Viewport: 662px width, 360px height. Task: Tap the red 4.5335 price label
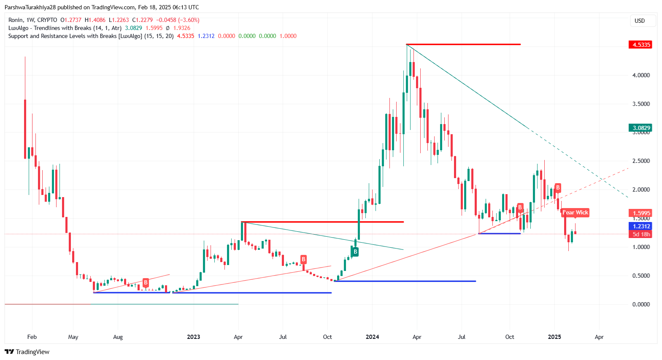point(640,45)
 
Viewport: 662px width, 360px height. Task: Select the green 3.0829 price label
point(640,128)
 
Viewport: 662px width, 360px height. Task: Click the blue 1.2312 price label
point(640,226)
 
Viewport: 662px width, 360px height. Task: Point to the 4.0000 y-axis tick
point(640,75)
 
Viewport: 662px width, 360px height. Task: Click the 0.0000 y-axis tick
point(640,304)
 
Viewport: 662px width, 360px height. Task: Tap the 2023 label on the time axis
point(193,337)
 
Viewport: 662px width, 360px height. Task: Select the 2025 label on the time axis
point(554,337)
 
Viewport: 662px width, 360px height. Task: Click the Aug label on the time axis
point(118,337)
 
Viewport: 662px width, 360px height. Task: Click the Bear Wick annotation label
point(575,213)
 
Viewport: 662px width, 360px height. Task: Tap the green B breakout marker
point(355,252)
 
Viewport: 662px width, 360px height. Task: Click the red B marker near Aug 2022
point(146,282)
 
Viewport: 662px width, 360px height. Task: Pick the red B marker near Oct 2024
point(520,207)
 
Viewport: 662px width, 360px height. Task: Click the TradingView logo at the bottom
point(27,352)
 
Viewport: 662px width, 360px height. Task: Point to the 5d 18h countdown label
point(640,234)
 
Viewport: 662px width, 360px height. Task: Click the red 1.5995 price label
point(640,213)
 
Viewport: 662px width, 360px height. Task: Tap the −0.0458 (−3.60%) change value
point(178,20)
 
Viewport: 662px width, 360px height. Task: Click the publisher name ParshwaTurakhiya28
point(30,7)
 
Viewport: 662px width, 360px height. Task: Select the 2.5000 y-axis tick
point(640,161)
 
